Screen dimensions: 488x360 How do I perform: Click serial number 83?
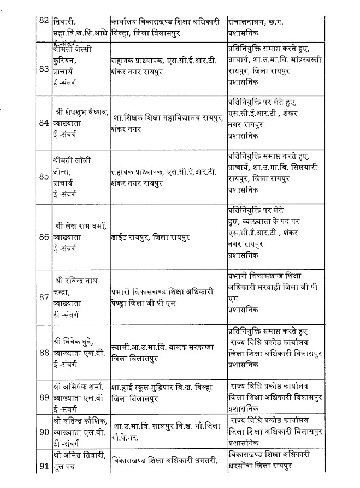pos(44,69)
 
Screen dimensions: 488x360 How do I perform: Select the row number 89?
pos(44,397)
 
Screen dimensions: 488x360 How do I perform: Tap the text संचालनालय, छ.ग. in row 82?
pos(257,21)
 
